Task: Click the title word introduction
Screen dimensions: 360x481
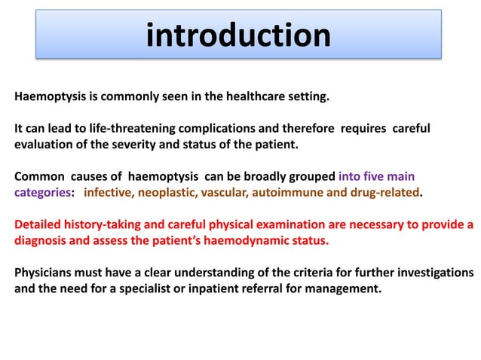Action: [238, 35]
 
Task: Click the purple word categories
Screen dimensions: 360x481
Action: [43, 192]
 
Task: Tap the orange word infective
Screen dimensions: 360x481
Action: [109, 192]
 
